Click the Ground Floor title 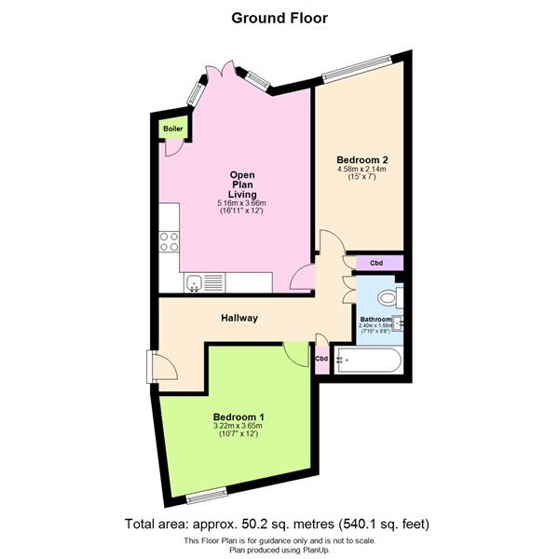279,17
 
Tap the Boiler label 172,129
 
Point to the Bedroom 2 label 362,159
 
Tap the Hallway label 239,319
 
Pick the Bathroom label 375,320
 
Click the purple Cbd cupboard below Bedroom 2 375,263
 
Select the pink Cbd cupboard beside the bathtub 321,359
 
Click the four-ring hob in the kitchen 170,242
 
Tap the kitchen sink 195,282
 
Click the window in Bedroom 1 206,492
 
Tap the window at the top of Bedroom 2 358,70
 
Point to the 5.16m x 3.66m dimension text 242,203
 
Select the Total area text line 279,525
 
